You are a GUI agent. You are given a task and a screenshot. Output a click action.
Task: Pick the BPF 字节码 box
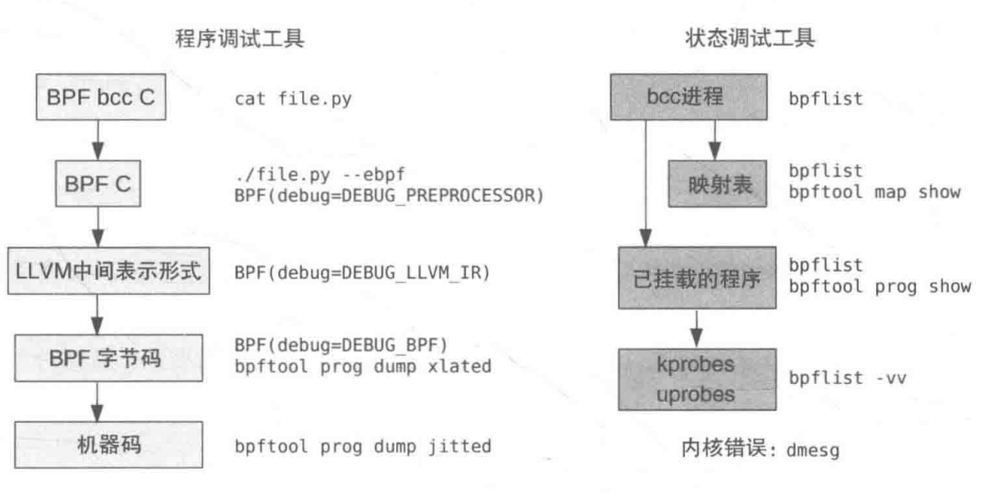(x=108, y=358)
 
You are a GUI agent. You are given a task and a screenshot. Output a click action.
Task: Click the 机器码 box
(x=108, y=444)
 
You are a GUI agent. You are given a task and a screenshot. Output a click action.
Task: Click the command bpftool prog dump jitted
(x=364, y=446)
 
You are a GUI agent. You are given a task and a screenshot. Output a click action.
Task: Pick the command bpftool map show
(x=874, y=192)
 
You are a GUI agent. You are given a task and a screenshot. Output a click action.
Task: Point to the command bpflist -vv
(x=847, y=379)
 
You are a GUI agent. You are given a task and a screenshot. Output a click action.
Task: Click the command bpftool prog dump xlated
(x=364, y=366)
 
